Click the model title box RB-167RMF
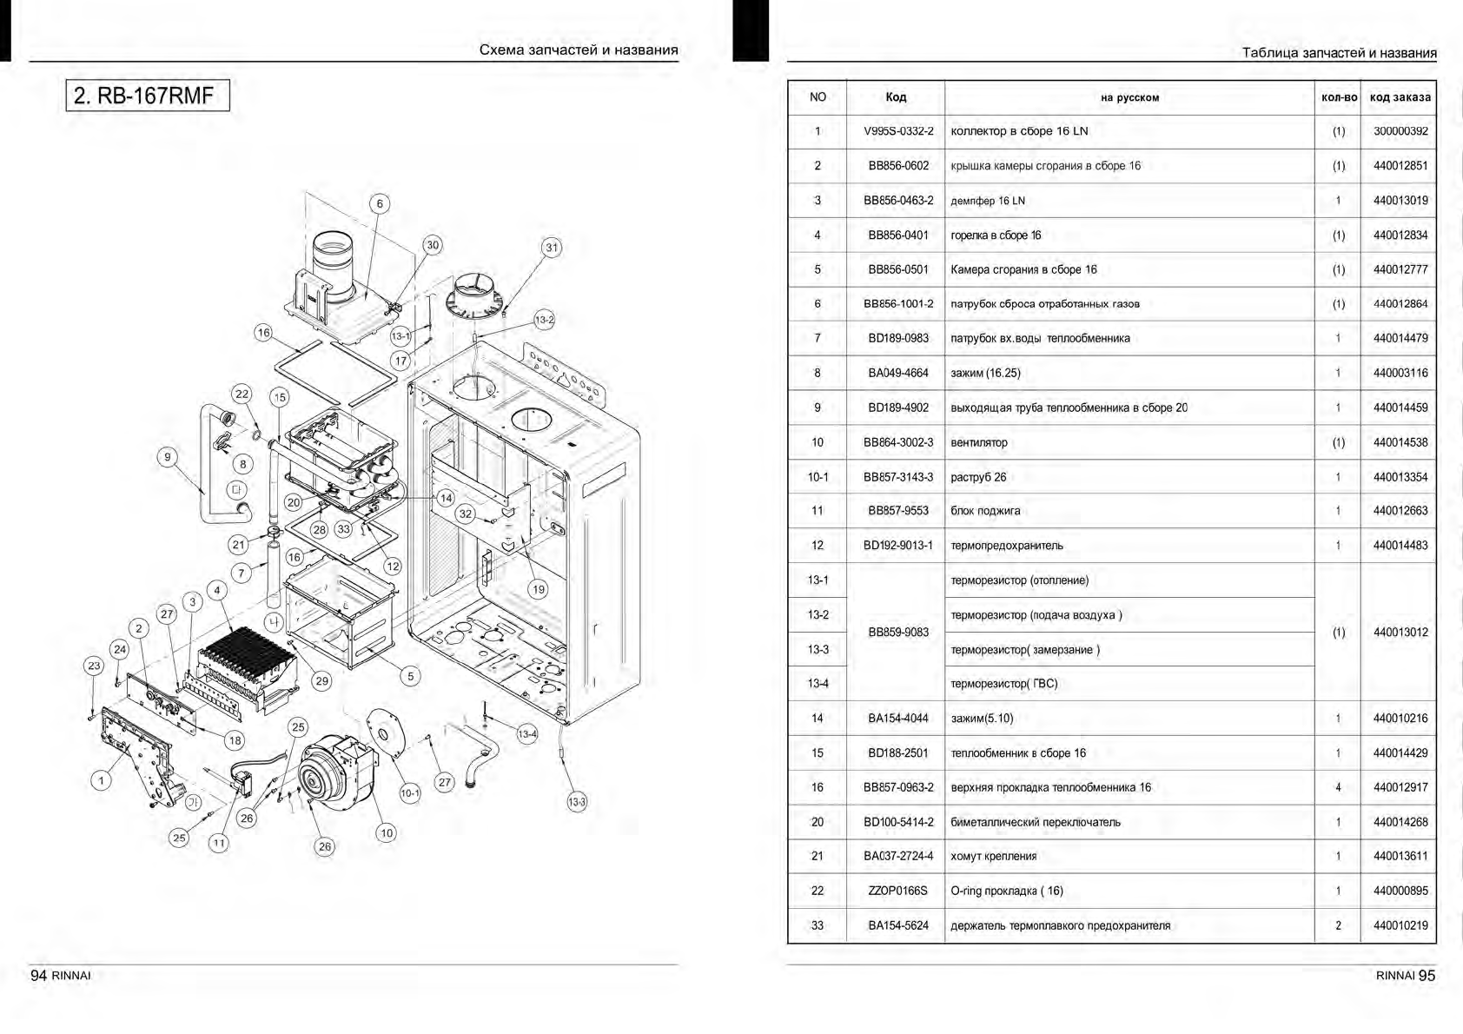148,95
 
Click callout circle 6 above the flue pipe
380,204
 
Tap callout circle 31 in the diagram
552,248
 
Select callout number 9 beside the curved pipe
168,456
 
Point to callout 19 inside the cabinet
539,589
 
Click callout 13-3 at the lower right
577,802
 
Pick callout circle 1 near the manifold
101,780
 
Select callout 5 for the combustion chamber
411,675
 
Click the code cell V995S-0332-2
898,131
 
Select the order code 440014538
1400,442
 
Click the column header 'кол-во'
1338,97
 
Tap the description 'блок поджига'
985,511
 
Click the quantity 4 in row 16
1338,787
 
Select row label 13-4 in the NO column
818,684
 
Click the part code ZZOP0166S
898,891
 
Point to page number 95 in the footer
1427,975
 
